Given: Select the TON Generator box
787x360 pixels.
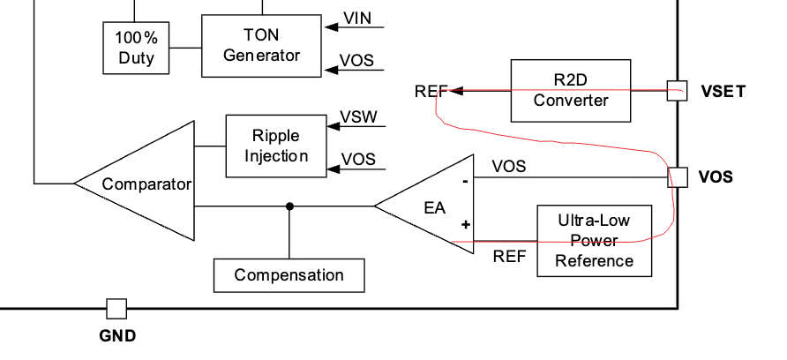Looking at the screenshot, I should pos(261,45).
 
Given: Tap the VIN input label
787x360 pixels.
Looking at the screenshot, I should pos(356,19).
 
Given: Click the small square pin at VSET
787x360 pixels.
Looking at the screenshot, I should pos(677,90).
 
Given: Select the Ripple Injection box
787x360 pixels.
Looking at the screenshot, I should pos(275,146).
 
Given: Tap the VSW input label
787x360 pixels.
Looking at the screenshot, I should pos(358,118).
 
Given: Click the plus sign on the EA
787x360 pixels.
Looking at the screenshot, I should pos(465,225).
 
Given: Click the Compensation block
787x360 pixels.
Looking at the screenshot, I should pos(289,275).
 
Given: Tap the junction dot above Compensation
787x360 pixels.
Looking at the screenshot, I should pos(289,206).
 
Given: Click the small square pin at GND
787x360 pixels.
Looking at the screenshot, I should pos(116,308).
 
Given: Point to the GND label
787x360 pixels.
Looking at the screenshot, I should pos(117,336).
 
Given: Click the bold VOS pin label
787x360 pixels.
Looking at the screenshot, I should pos(716,177).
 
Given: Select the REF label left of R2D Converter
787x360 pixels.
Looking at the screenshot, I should pos(431,91).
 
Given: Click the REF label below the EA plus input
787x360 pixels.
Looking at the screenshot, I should pos(509,257).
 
